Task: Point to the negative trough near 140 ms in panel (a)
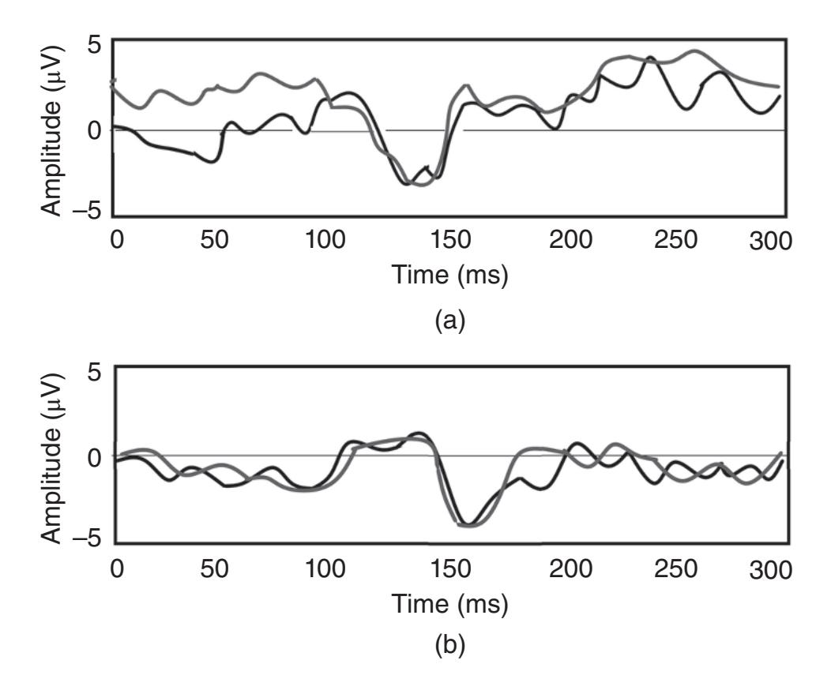point(419,183)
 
